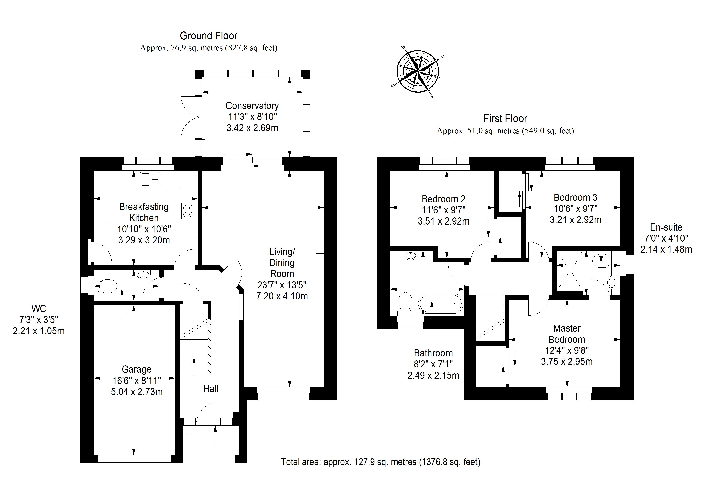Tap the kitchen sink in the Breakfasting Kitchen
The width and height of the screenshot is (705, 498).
[x=150, y=180]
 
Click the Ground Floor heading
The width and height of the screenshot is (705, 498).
[x=208, y=36]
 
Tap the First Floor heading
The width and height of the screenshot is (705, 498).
[x=505, y=119]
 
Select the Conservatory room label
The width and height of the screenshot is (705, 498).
[x=252, y=106]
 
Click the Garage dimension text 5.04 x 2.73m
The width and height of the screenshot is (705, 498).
[x=137, y=392]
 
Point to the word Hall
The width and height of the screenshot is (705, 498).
[x=211, y=389]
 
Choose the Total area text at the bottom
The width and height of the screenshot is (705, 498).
[x=380, y=462]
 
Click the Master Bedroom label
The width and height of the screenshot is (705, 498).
[x=567, y=334]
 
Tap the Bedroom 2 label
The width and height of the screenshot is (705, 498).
[x=443, y=199]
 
